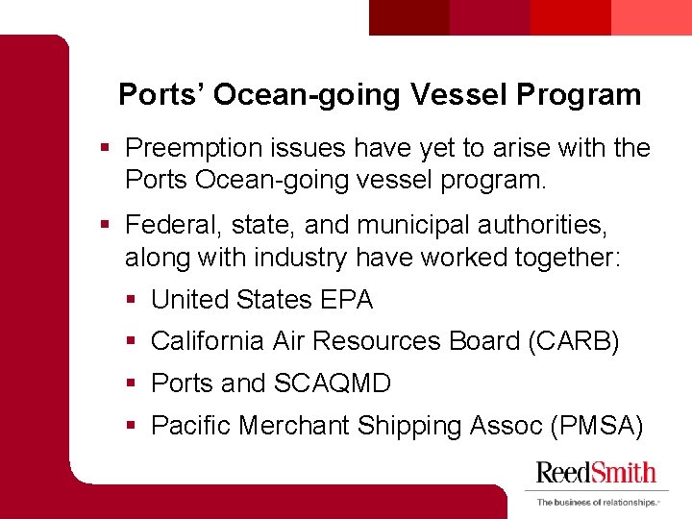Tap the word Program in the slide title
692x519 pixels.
point(579,94)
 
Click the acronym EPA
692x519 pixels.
point(347,300)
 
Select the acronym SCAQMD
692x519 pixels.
point(333,383)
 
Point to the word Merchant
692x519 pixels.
point(293,425)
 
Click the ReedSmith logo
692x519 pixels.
point(596,472)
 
